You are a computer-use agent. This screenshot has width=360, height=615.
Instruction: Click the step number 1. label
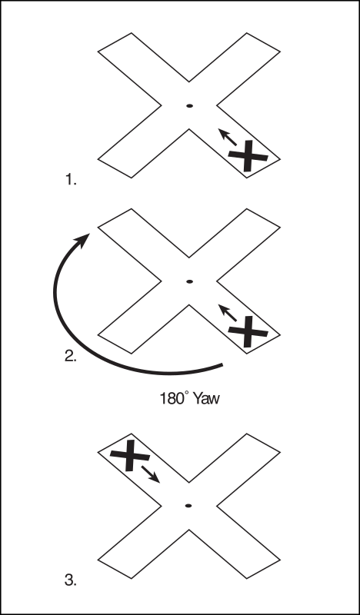pos(71,180)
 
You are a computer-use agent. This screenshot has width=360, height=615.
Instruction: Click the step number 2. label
pos(71,356)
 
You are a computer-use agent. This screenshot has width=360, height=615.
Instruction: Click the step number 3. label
pos(71,580)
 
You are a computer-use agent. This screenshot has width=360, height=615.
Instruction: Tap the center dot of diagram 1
pos(189,105)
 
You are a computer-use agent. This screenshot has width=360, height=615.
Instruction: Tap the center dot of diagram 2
pos(189,281)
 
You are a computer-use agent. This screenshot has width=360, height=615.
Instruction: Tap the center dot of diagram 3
pos(188,506)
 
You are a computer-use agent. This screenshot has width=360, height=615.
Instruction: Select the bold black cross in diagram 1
pos(248,156)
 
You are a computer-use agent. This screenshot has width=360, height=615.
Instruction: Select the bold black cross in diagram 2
pos(248,332)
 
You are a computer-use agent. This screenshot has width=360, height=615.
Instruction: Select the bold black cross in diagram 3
pos(129,455)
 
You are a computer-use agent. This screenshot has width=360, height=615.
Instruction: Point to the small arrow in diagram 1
pos(227,137)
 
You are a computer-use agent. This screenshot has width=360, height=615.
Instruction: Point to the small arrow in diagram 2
pos(227,313)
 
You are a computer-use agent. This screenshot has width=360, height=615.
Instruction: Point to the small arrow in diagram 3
pos(150,474)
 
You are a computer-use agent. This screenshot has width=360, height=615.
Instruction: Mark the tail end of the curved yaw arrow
pos(222,365)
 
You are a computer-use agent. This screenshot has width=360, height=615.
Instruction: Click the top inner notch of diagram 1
pos(188,81)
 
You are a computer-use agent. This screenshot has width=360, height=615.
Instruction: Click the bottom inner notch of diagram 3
pos(188,530)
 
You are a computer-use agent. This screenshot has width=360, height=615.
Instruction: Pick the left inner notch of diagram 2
pos(161,281)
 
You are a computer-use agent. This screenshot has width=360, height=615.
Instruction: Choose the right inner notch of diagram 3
pos(217,506)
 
